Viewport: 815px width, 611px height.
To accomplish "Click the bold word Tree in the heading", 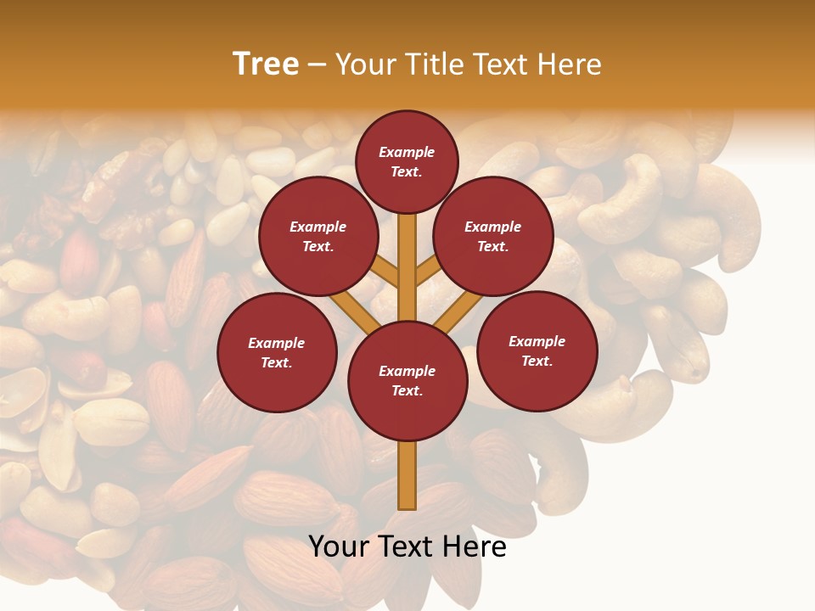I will click(x=266, y=64).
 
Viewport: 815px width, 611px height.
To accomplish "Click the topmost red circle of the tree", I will click(x=407, y=161).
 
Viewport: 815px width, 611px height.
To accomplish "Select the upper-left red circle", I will click(x=318, y=236).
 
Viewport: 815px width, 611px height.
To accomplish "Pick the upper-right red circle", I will click(x=493, y=236).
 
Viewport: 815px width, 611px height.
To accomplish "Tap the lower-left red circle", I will click(x=277, y=352).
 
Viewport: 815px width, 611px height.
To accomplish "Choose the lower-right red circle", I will click(x=537, y=350).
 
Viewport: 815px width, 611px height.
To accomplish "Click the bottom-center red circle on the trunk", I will click(x=407, y=380).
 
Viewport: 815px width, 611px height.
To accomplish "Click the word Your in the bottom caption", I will click(x=338, y=547).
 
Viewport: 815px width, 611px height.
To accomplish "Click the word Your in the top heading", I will click(x=363, y=64).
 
